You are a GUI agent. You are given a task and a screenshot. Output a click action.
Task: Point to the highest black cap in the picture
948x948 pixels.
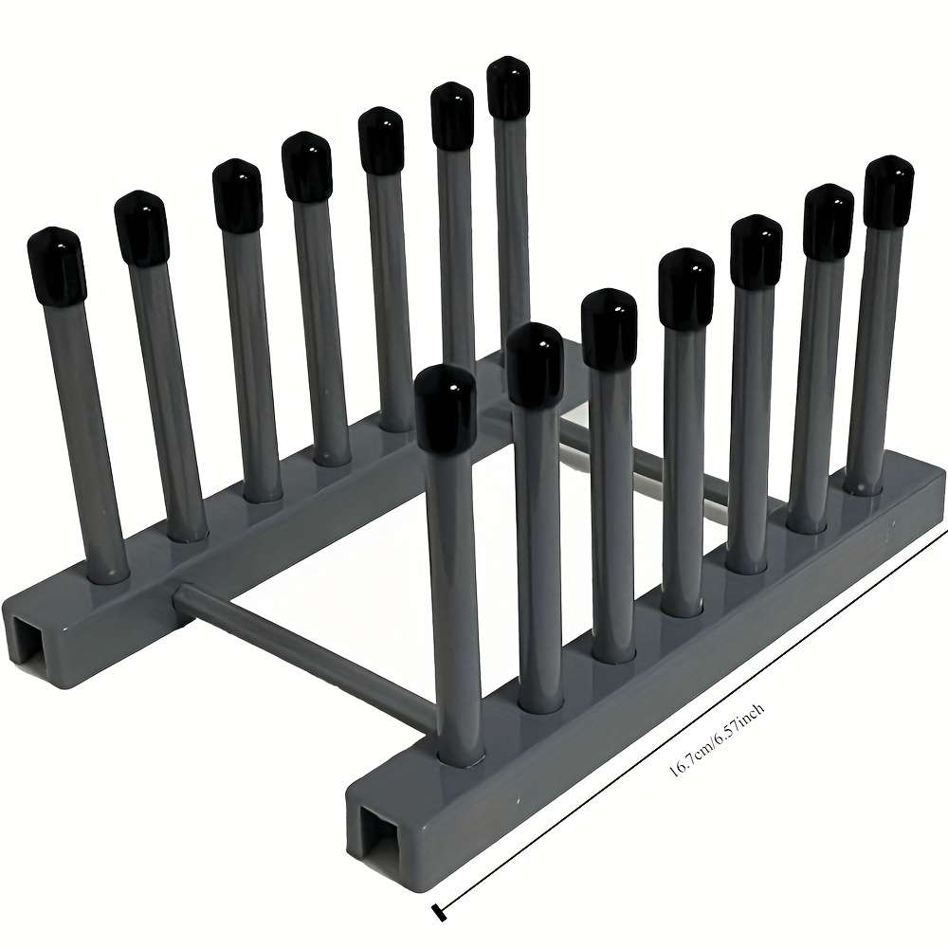click(508, 87)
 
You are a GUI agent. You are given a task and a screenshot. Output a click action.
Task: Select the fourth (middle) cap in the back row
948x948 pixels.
click(307, 167)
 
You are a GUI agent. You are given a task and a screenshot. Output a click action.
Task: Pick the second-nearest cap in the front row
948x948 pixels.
click(535, 364)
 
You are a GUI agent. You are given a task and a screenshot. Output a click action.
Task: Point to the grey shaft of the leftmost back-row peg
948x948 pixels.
click(86, 427)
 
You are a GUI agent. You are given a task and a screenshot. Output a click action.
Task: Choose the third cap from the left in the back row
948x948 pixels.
click(236, 194)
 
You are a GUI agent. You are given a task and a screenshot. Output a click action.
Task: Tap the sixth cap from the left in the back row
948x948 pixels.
click(452, 116)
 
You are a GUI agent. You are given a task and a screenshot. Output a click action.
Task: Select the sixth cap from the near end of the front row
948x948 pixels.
click(828, 221)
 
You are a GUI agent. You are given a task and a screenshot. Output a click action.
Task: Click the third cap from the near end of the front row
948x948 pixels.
click(610, 328)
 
